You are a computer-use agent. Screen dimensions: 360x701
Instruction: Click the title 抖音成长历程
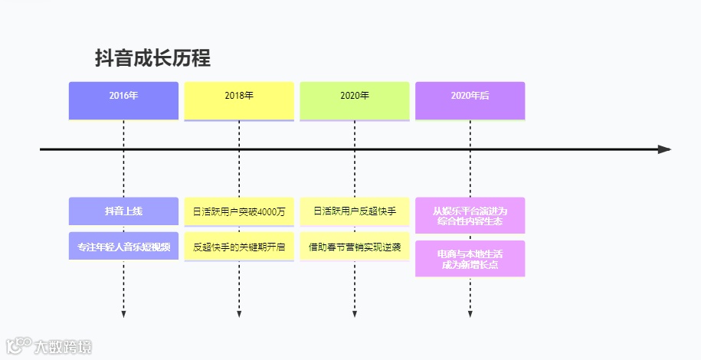[152, 58]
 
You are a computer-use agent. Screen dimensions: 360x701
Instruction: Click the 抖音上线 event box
[123, 211]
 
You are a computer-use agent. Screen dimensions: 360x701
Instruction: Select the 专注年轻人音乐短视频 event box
[123, 247]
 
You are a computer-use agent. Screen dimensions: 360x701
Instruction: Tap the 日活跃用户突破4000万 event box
[239, 211]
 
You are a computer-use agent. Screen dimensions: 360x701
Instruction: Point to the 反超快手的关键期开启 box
[239, 247]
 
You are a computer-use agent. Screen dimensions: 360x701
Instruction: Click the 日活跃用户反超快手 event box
[355, 211]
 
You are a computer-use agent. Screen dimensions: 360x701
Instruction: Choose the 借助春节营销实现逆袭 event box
[355, 247]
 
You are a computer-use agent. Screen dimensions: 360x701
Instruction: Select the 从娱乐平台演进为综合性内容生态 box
[470, 215]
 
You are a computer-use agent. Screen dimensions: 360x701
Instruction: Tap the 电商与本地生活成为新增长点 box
[470, 258]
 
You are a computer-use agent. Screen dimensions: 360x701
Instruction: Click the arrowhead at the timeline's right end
[664, 149]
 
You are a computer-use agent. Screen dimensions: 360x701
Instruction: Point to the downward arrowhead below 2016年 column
[123, 314]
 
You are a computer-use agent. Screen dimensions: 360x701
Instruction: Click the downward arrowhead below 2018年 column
[239, 314]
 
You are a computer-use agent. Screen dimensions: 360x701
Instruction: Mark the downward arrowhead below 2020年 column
[355, 314]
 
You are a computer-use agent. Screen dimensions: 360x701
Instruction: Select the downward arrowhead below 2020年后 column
[470, 314]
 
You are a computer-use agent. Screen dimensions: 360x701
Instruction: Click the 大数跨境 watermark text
[62, 347]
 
